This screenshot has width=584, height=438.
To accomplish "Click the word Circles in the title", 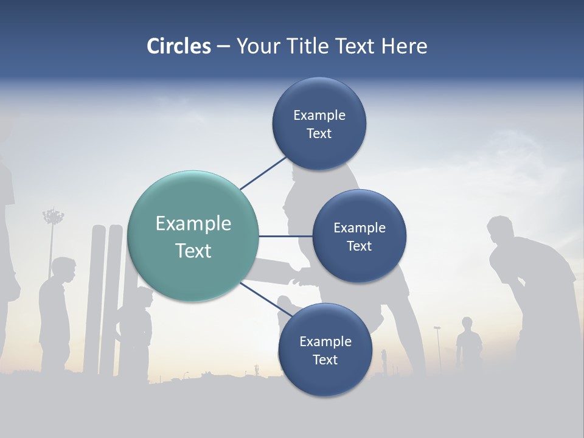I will (178, 46).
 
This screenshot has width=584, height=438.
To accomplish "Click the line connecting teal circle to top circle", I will (263, 173).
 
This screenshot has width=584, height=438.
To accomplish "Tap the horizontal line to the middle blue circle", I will (285, 236).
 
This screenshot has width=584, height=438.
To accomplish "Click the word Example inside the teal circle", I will (193, 224).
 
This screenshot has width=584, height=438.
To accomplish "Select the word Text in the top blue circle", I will (319, 134).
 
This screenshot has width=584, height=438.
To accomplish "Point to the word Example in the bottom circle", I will (325, 341).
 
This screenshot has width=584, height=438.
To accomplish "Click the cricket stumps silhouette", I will (106, 298).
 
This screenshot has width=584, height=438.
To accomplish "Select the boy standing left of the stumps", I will (56, 310).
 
